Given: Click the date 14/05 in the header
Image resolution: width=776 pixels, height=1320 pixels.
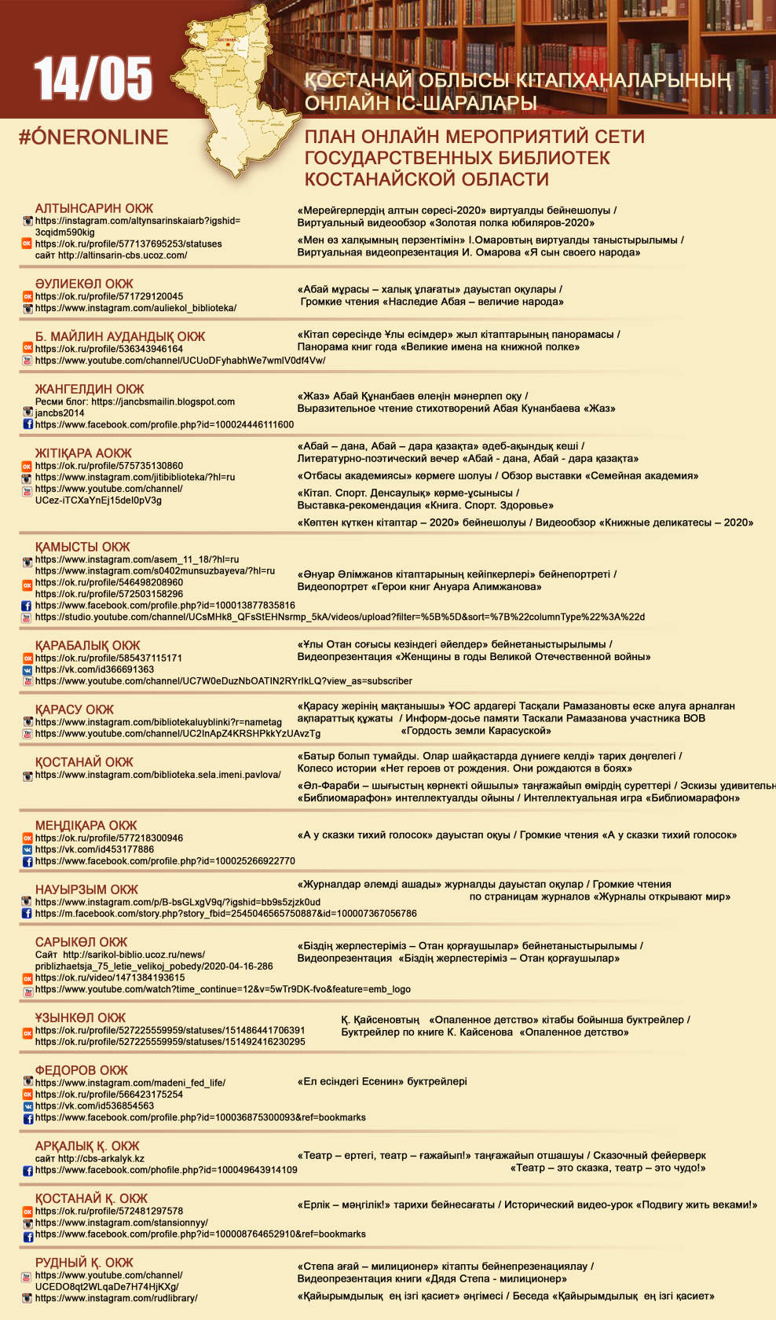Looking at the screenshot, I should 93,79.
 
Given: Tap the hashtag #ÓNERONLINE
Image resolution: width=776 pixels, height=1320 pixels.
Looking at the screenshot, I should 93,137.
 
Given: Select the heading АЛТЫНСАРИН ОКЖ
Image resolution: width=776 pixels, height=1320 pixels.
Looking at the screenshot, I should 94,208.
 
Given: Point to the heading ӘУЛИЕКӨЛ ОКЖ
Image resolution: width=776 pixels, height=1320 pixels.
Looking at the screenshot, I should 84,284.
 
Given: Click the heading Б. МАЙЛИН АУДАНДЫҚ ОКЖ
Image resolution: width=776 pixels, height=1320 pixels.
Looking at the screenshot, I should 120,336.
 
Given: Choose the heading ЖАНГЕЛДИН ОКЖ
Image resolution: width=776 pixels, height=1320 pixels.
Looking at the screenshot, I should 90,389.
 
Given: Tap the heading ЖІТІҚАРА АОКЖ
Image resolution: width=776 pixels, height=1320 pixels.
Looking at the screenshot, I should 83,453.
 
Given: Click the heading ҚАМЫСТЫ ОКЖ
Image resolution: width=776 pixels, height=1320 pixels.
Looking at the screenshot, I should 82,547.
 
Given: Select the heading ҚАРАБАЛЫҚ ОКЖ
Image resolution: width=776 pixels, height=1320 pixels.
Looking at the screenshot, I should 87,645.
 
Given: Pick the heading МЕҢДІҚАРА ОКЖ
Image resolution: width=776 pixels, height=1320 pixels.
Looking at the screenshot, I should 86,826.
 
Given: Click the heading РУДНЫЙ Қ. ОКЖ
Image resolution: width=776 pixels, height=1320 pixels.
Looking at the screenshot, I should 84,1263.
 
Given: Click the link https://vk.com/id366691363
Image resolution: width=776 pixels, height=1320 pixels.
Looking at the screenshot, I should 94,669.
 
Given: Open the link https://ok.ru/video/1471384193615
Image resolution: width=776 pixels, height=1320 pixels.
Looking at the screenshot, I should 110,977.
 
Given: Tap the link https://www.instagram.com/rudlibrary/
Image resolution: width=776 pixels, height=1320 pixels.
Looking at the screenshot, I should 116,1298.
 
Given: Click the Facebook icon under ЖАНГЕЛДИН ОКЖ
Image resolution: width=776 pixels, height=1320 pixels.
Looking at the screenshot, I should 27,424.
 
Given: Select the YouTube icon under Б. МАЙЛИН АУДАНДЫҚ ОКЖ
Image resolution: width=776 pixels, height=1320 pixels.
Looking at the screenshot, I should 27,361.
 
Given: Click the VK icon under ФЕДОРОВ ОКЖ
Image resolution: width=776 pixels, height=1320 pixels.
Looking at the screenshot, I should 27,1105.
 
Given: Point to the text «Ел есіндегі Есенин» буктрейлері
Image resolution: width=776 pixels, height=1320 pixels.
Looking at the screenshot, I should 383,1081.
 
